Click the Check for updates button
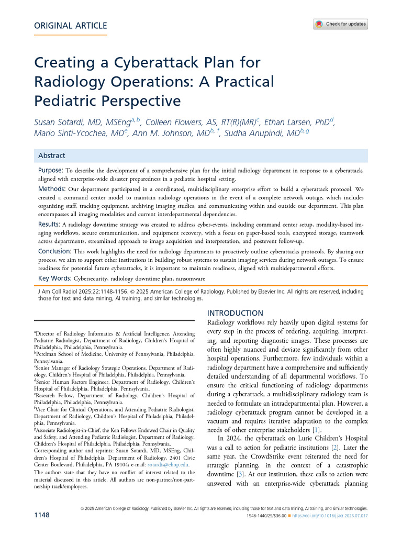[x=341, y=24]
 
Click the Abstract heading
[x=52, y=155]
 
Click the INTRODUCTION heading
[x=236, y=313]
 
